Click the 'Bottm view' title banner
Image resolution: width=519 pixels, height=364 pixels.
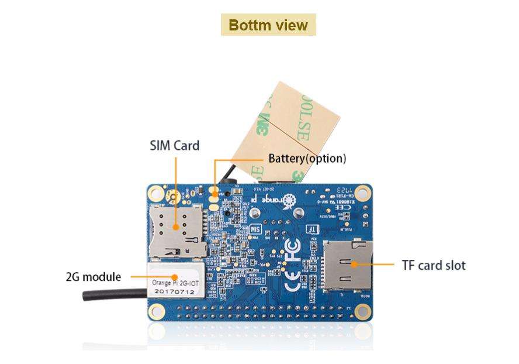coord(268,25)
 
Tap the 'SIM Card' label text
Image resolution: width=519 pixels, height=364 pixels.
coord(174,146)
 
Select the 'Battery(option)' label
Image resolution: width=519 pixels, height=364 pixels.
coord(307,159)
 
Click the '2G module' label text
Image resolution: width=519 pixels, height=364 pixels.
coord(94,277)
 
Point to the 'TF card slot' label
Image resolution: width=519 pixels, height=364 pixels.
coord(434,265)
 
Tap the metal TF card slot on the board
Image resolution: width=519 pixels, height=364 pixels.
coord(348,265)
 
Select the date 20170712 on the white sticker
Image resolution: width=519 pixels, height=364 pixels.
coord(174,291)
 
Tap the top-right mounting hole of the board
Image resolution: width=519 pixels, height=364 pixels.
coord(363,191)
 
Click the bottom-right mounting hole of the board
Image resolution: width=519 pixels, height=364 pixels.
coord(364,310)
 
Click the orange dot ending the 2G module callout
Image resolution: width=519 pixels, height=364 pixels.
coord(174,277)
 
